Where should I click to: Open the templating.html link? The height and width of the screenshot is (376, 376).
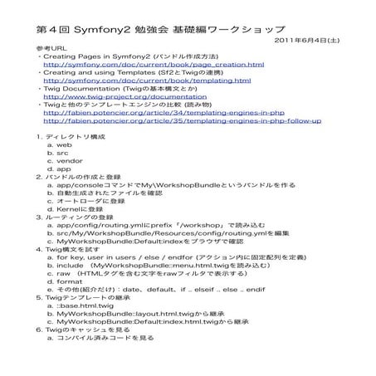147,81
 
